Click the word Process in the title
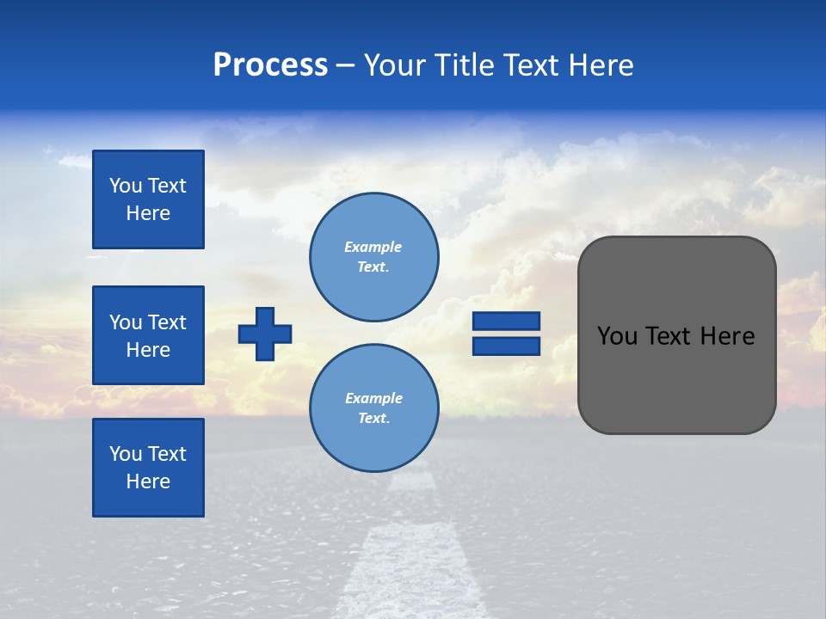pos(270,65)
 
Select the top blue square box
pos(148,199)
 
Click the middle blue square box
pos(148,335)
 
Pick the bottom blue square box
pos(148,468)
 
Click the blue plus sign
pos(265,334)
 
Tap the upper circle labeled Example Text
pos(373,256)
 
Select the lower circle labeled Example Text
pos(373,408)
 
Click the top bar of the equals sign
pos(506,322)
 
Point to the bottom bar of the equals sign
pos(506,346)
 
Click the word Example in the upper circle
pos(373,247)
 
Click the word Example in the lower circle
pos(373,398)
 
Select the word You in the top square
pos(126,186)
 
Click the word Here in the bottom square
pos(148,481)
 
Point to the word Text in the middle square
pos(166,322)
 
